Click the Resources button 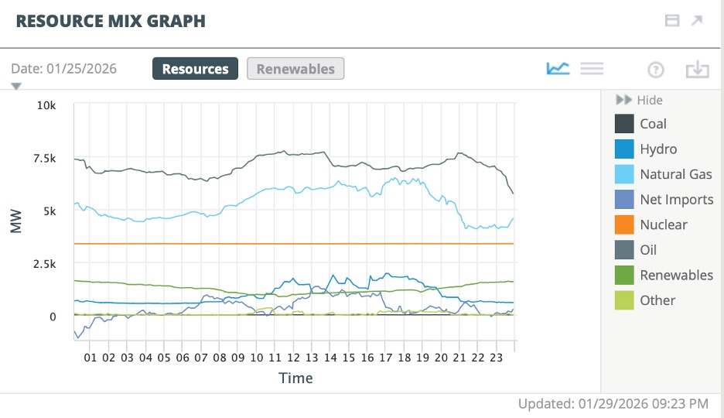click(x=195, y=69)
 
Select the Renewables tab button click(x=295, y=69)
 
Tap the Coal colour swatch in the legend click(x=624, y=124)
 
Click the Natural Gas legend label click(x=675, y=174)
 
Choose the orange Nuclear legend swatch click(x=624, y=224)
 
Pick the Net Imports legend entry click(x=676, y=200)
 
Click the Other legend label click(x=657, y=300)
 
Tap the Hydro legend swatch click(x=624, y=149)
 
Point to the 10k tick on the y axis click(x=46, y=104)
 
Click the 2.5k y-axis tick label click(x=43, y=264)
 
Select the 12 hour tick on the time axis click(x=293, y=358)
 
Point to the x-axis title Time click(x=295, y=378)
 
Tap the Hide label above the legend click(x=649, y=100)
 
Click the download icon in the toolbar click(x=697, y=69)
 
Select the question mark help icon click(x=656, y=70)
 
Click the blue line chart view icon click(x=558, y=68)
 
